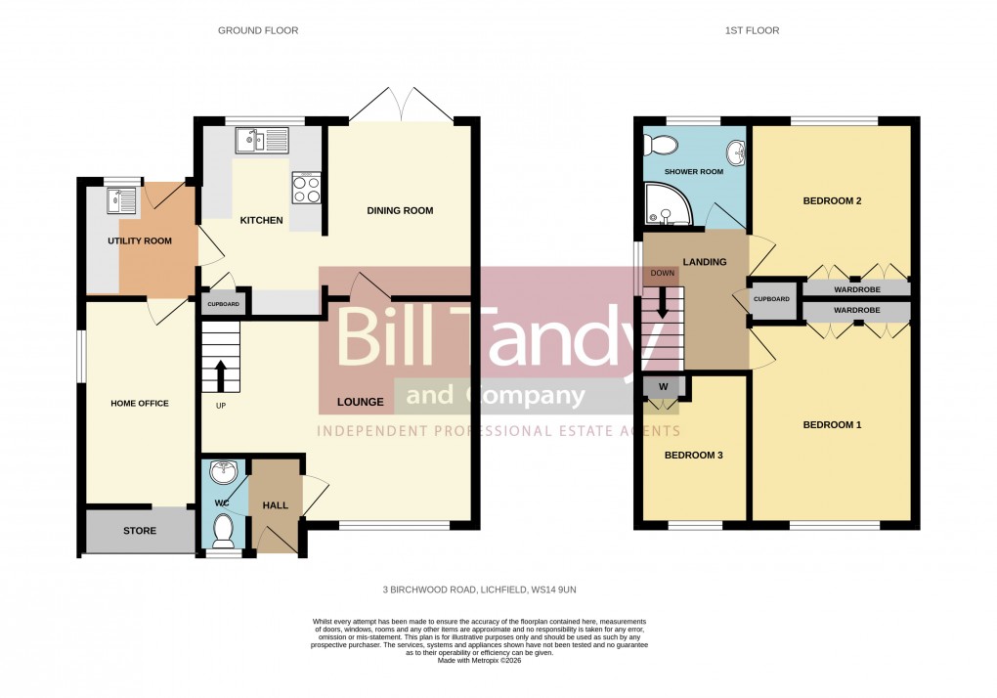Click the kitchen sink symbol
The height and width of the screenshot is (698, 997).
[x=261, y=142]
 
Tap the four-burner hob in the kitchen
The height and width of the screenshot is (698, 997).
[x=307, y=188]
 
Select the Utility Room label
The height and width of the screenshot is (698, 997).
[x=140, y=240]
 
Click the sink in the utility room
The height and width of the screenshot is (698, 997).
[x=123, y=200]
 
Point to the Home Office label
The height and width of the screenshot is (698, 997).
[x=140, y=404]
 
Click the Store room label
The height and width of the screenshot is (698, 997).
[x=139, y=531]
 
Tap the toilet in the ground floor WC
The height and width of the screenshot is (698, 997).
[x=223, y=531]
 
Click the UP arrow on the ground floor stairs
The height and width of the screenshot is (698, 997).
[x=220, y=375]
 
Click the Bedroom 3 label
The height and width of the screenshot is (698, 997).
[x=693, y=456]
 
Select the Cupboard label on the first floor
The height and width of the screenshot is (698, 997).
[x=771, y=299]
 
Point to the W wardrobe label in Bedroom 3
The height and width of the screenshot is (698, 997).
[x=663, y=386]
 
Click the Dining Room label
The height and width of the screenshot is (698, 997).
[x=400, y=211]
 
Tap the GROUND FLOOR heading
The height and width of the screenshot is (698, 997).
[x=258, y=30]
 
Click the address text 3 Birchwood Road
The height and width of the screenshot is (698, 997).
[x=486, y=590]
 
